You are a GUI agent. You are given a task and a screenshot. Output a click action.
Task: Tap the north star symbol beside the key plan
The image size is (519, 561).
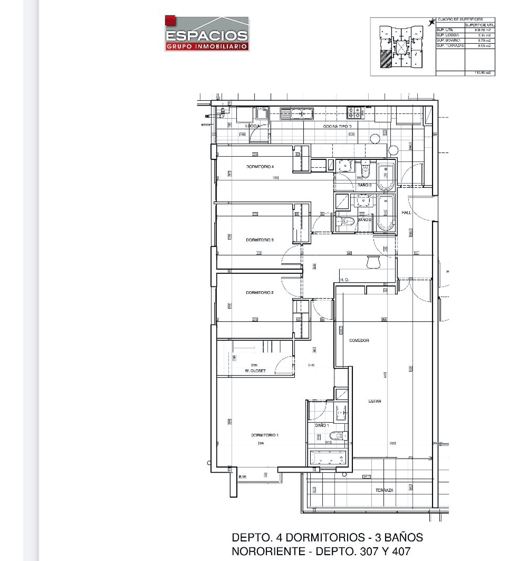coord(431,22)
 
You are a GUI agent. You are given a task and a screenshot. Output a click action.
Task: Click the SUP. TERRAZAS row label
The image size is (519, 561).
coord(450,46)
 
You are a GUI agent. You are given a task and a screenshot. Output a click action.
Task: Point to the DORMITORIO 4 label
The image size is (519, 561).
coord(259,167)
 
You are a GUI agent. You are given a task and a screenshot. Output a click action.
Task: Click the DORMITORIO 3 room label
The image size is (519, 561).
coord(259,240)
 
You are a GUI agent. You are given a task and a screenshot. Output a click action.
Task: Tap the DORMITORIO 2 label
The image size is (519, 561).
coord(259,292)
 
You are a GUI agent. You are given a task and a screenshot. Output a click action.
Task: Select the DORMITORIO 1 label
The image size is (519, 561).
coord(264,435)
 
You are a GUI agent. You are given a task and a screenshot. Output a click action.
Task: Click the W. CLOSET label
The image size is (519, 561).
coord(255,371)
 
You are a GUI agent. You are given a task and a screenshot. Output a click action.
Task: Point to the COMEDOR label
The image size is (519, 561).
coord(359,340)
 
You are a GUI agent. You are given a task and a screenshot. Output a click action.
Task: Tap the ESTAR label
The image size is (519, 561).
coord(374,402)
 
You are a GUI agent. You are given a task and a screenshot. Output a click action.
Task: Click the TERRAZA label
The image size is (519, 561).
coord(385,490)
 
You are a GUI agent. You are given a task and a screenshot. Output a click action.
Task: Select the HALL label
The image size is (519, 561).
coord(406,213)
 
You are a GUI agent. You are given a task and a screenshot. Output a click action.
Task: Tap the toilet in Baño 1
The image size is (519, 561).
coord(336,435)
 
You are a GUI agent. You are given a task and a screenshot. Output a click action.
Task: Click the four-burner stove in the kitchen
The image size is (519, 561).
coord(353,112)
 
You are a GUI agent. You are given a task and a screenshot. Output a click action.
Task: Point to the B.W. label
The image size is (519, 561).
coord(243,478)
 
